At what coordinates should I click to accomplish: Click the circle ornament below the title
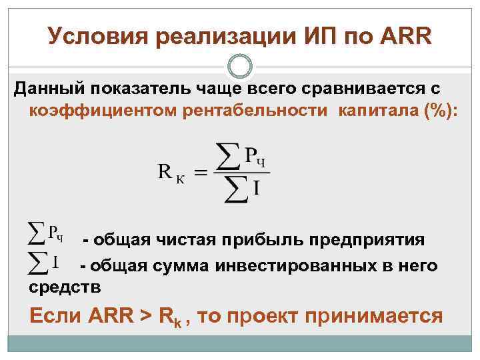(x=240, y=67)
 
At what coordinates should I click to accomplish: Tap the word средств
(x=65, y=288)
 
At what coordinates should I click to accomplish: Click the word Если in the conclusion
(x=55, y=315)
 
